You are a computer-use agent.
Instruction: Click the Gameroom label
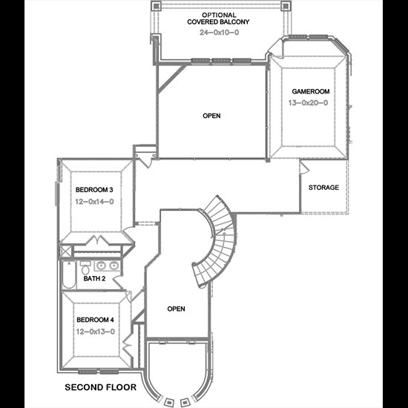(x=310, y=91)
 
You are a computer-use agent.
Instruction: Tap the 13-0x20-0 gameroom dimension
(x=308, y=103)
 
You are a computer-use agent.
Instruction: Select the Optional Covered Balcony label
(x=218, y=19)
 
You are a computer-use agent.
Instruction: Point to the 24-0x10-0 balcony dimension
(x=220, y=32)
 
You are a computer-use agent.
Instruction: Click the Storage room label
(x=323, y=188)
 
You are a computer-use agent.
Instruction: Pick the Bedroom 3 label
(x=94, y=190)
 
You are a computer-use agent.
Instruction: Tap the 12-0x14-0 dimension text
(x=94, y=201)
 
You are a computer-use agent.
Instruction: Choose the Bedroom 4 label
(x=95, y=320)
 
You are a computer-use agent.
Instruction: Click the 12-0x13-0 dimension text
(x=96, y=332)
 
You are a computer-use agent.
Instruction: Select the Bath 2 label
(x=94, y=279)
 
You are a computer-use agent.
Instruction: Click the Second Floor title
(x=100, y=387)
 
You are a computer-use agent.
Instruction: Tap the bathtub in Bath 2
(x=69, y=274)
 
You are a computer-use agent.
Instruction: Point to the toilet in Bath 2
(x=85, y=268)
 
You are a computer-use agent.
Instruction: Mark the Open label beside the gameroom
(x=211, y=116)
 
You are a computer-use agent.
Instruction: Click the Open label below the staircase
(x=176, y=309)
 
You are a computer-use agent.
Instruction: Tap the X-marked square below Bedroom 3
(x=65, y=251)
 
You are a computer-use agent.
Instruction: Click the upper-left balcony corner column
(x=156, y=6)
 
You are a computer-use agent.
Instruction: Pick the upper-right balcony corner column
(x=286, y=6)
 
